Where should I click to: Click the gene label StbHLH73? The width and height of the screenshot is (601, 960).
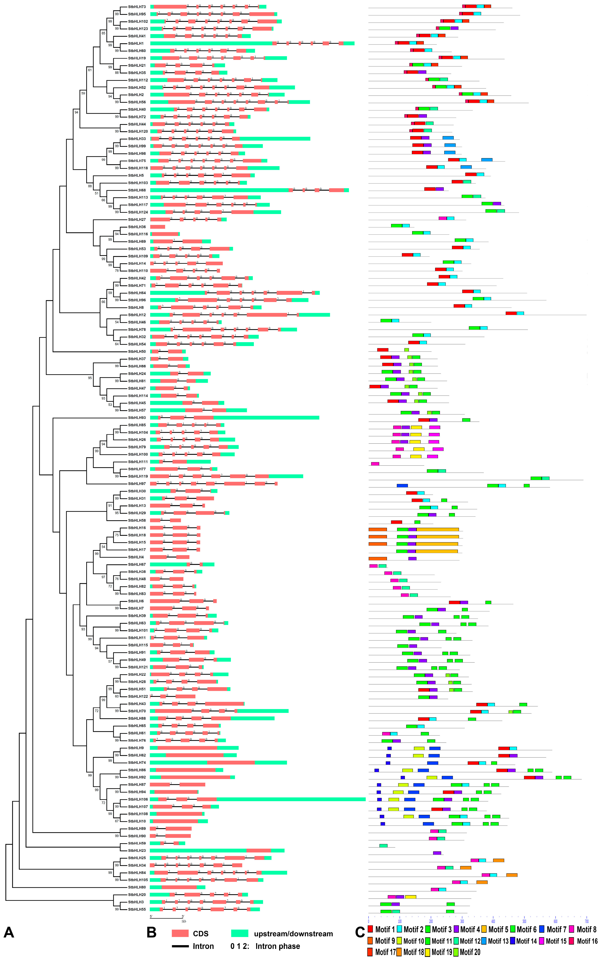tap(137, 7)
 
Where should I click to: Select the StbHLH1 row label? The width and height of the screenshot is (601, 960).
tap(135, 43)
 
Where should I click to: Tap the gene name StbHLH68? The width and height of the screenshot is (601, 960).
tap(137, 190)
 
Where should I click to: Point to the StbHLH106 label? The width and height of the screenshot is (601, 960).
tap(137, 799)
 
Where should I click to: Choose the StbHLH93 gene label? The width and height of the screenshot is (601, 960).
tap(137, 418)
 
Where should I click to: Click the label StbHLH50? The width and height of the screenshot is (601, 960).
tap(137, 352)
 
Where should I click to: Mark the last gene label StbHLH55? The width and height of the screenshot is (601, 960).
tap(137, 909)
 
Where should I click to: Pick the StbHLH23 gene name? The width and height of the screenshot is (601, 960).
tap(137, 851)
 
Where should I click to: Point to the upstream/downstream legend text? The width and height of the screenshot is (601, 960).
tap(293, 934)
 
